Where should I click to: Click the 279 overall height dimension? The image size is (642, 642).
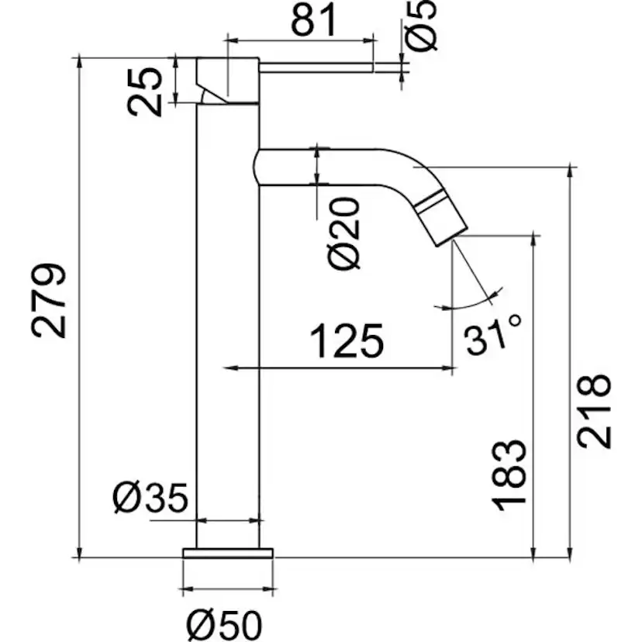pyautogui.click(x=49, y=301)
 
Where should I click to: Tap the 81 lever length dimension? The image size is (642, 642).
pyautogui.click(x=314, y=20)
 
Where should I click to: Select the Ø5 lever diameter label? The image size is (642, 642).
pyautogui.click(x=420, y=26)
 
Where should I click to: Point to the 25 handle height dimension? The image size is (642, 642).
pyautogui.click(x=144, y=92)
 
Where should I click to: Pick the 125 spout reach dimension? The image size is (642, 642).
pyautogui.click(x=347, y=340)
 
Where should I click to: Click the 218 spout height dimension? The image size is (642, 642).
pyautogui.click(x=594, y=411)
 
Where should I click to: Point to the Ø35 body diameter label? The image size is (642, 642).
pyautogui.click(x=150, y=498)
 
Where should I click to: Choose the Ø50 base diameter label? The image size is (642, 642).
pyautogui.click(x=224, y=625)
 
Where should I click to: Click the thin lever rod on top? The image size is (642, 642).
pyautogui.click(x=316, y=67)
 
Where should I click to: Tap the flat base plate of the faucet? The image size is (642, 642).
pyautogui.click(x=228, y=553)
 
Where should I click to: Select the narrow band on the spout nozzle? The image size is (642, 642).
pyautogui.click(x=429, y=202)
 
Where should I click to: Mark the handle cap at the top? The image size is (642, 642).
pyautogui.click(x=228, y=81)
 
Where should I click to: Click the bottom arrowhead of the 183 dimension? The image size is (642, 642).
pyautogui.click(x=533, y=552)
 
